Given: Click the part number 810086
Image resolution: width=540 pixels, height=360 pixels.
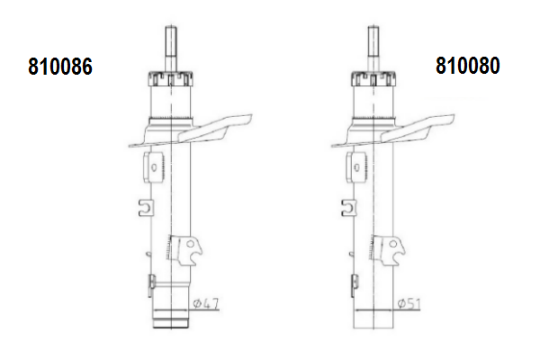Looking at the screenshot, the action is [x=60, y=66].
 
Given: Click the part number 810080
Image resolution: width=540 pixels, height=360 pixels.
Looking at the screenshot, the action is [x=468, y=66].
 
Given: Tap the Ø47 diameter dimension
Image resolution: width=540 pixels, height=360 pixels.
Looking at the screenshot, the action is [x=206, y=303].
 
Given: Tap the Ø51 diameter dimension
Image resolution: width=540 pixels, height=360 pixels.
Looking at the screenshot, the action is [x=409, y=304].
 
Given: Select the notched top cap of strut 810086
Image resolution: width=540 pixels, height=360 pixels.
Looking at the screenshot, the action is [x=170, y=79].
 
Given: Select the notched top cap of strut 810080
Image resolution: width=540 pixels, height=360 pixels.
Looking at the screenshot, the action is [x=373, y=79].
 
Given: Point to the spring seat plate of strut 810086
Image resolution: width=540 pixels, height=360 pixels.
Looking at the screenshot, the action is [x=190, y=131].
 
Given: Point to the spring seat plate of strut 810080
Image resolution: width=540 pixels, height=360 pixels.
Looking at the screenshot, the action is [x=392, y=131].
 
